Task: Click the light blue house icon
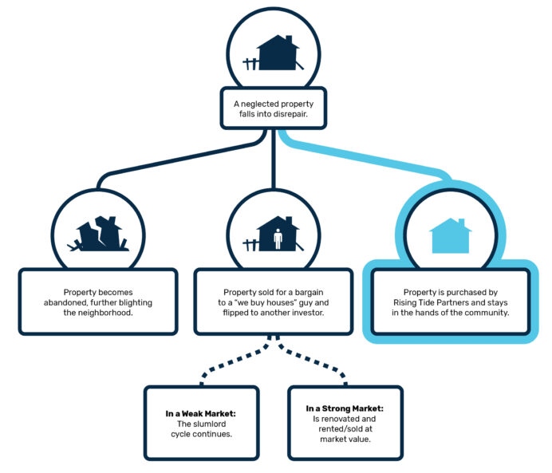[x=450, y=236]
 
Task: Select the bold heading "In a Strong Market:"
[x=345, y=408]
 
